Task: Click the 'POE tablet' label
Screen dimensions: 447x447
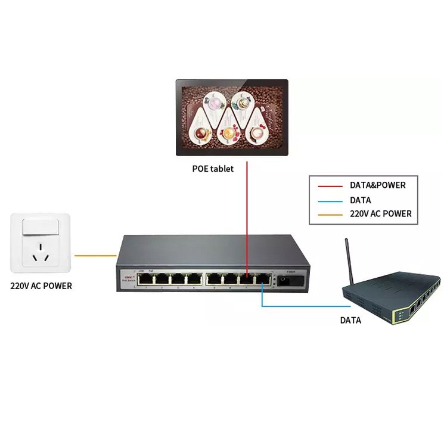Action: [x=212, y=169]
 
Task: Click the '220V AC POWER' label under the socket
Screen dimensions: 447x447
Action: [x=41, y=286]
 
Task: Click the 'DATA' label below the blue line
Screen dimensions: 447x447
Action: [x=350, y=320]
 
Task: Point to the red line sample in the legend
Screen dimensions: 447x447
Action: [x=328, y=186]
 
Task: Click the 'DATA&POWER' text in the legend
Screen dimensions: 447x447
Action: [x=378, y=185]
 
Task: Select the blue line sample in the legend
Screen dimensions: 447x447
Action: [x=328, y=200]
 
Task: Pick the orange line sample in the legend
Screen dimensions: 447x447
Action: [x=328, y=214]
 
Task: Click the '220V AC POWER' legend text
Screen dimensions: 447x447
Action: [x=380, y=214]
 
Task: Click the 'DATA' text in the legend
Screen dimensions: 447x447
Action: [x=361, y=200]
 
